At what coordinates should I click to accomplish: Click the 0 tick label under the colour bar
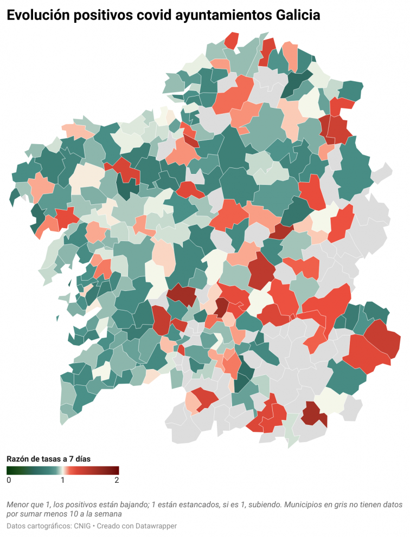pos(9,480)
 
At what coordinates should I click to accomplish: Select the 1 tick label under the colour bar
pos(63,480)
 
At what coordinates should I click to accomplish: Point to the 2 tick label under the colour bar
pos(117,480)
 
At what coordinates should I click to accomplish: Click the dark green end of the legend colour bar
pos(9,470)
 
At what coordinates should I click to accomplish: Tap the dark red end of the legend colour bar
pos(117,470)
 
